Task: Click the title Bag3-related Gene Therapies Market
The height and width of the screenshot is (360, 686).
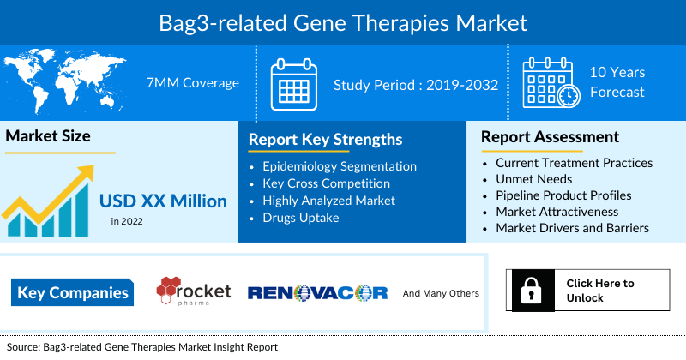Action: pyautogui.click(x=343, y=21)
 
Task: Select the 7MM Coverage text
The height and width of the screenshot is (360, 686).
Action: pyautogui.click(x=193, y=83)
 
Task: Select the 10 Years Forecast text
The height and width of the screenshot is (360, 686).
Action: pyautogui.click(x=617, y=83)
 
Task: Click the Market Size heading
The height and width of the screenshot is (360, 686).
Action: pyautogui.click(x=48, y=136)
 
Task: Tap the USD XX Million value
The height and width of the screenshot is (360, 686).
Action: pyautogui.click(x=163, y=201)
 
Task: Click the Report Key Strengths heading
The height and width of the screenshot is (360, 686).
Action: pyautogui.click(x=325, y=140)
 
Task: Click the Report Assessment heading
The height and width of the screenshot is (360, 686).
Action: pyautogui.click(x=550, y=137)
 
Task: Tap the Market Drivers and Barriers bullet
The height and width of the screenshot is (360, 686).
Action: pyautogui.click(x=572, y=227)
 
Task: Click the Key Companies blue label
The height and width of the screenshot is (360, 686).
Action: pyautogui.click(x=73, y=293)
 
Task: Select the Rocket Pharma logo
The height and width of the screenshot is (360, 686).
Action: pyautogui.click(x=193, y=291)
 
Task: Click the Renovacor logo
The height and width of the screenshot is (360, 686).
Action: pyautogui.click(x=317, y=293)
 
